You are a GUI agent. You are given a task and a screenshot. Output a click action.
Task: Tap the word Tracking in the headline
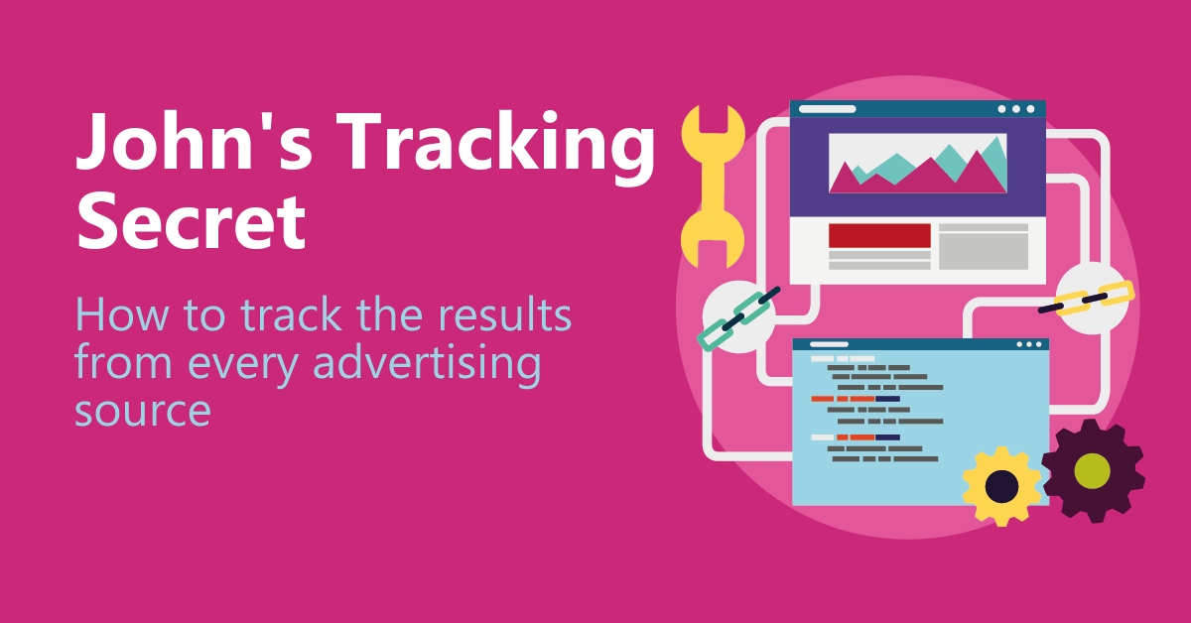495,148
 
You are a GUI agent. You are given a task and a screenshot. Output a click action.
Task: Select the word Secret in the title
192,221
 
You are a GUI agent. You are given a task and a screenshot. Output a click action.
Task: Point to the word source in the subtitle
143,411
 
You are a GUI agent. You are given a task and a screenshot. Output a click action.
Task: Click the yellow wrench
713,187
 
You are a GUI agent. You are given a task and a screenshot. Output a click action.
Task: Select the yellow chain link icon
1087,299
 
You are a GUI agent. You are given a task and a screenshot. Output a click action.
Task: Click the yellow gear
1001,486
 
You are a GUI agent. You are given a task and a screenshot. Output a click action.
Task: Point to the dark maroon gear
1093,471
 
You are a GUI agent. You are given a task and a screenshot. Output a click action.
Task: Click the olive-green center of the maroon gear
1093,471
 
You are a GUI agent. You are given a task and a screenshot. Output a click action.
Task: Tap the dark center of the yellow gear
1001,486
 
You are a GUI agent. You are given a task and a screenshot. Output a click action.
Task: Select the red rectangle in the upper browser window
879,235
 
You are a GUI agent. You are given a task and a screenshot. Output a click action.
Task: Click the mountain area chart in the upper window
918,164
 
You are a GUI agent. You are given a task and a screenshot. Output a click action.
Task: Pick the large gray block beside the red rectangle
984,251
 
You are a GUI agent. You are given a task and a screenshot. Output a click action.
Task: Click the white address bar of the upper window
828,109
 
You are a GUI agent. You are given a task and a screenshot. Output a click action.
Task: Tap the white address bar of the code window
829,344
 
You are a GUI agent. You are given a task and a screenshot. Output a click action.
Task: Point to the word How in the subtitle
122,314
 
